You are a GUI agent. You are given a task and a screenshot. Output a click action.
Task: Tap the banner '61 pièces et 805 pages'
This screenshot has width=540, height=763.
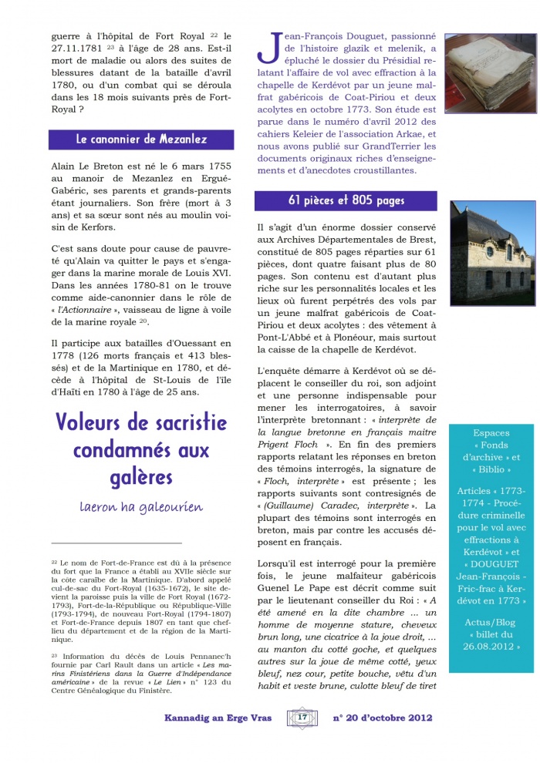pos(346,201)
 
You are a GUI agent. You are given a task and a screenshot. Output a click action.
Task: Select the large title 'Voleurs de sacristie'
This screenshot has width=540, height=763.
pos(141,423)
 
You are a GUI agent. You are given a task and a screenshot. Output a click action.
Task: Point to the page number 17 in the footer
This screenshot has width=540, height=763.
pos(302,718)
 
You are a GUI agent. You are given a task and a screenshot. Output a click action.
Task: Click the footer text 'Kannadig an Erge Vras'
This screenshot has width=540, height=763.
pos(219,718)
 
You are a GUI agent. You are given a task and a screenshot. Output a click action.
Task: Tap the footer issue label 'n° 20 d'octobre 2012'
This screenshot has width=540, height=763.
pos(383,718)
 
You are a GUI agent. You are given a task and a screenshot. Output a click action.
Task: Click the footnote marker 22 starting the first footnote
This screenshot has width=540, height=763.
pos(54,563)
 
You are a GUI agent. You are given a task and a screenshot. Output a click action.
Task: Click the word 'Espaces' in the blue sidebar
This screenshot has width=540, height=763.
pos(492,433)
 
